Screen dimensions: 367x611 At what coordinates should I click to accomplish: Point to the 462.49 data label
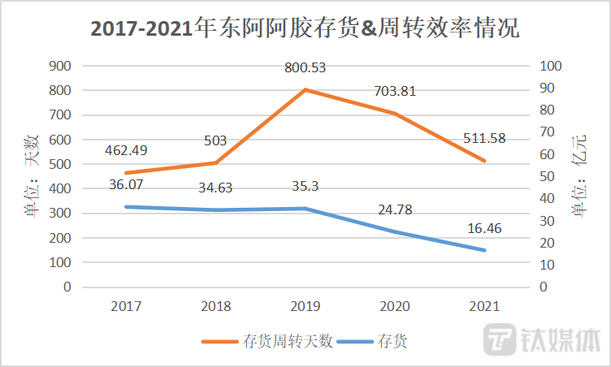click(x=128, y=151)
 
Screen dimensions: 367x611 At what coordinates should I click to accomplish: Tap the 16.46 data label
click(x=485, y=229)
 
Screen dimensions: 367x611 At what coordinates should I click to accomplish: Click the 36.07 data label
click(x=128, y=186)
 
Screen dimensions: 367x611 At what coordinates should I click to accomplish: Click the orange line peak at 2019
click(x=305, y=89)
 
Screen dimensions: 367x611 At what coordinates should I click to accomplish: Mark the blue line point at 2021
click(x=485, y=250)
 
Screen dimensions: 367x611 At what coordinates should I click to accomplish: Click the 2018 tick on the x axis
click(x=216, y=306)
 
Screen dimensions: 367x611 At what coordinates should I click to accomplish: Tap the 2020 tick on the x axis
click(x=396, y=306)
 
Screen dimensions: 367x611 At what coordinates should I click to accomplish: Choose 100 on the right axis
click(x=550, y=66)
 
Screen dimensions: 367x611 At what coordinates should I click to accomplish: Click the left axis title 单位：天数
click(x=32, y=176)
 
